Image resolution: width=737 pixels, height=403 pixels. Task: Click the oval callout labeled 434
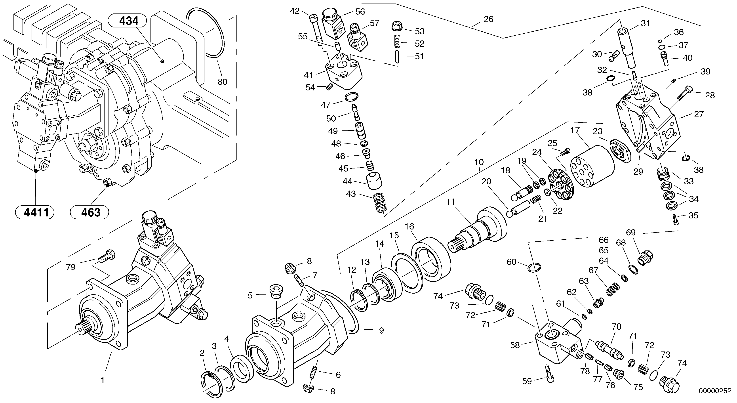(x=127, y=21)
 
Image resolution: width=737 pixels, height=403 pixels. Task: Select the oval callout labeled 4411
(x=35, y=212)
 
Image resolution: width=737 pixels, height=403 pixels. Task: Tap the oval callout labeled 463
(x=90, y=212)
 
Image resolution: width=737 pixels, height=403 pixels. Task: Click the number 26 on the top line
(x=488, y=19)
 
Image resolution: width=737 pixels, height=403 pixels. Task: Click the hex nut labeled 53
(x=396, y=26)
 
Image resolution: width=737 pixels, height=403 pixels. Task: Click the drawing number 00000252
(x=715, y=391)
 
